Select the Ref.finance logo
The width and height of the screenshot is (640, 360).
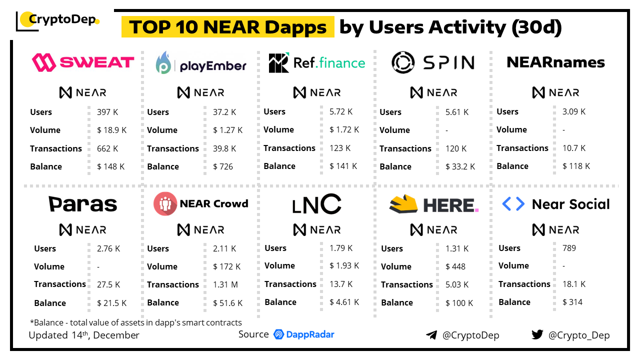tap(317, 63)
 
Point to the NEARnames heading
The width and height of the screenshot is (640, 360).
tap(555, 62)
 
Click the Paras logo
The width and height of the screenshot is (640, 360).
tap(83, 204)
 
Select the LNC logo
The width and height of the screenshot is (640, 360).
tap(317, 204)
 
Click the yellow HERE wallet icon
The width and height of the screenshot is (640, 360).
tap(403, 203)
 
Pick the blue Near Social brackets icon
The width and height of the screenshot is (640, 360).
tap(513, 204)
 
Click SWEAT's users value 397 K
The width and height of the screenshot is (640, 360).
tap(107, 112)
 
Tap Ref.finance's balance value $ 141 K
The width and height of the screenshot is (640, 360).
tap(343, 166)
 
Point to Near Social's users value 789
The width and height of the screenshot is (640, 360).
tap(569, 248)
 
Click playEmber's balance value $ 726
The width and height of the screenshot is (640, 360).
tap(223, 166)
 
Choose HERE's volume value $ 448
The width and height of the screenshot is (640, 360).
tap(455, 266)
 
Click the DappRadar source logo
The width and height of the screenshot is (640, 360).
tap(304, 334)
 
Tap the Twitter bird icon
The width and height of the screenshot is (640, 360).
tap(537, 335)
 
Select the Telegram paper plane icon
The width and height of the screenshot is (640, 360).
tap(431, 335)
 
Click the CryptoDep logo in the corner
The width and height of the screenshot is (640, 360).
tap(57, 20)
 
